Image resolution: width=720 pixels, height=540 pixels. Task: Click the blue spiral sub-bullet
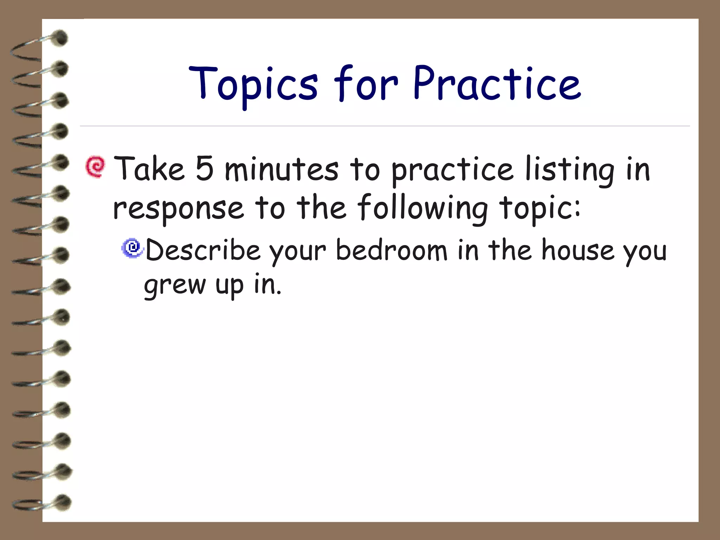click(x=133, y=248)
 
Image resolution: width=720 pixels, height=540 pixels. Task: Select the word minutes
click(x=282, y=169)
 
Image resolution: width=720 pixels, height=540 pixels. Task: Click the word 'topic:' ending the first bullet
click(x=540, y=208)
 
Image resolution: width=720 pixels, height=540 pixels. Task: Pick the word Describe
click(x=203, y=250)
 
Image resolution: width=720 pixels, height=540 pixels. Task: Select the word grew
click(x=175, y=285)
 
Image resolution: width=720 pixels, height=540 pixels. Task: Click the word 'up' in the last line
click(x=229, y=285)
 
